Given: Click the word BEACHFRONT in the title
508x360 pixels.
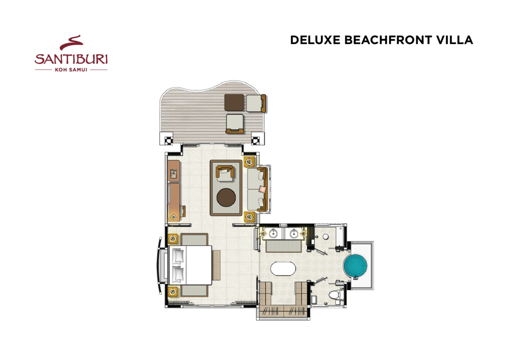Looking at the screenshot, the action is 388,40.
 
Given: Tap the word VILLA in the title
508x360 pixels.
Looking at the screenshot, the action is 455,40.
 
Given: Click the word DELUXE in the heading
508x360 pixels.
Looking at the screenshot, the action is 315,40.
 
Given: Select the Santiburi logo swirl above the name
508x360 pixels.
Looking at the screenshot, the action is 71,43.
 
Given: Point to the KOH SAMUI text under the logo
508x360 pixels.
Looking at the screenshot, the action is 71,70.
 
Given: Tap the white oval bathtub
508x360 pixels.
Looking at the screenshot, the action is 283,269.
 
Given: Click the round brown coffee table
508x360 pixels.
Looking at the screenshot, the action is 226,198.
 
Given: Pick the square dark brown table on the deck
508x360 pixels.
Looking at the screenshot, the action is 234,103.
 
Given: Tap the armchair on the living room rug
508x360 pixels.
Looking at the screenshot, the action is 225,173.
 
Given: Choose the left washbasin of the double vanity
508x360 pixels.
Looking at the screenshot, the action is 273,233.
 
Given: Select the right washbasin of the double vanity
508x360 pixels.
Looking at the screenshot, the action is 294,233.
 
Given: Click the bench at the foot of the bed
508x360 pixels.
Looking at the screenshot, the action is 216,265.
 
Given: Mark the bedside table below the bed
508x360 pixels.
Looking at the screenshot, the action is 173,292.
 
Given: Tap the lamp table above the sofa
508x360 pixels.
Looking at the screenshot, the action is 249,161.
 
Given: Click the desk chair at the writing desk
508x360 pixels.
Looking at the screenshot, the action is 183,211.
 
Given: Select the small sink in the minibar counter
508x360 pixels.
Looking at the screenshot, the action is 174,174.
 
